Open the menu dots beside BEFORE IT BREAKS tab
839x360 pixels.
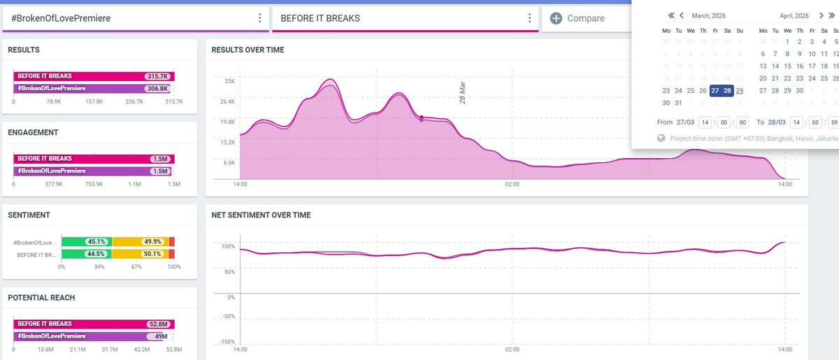click(x=530, y=18)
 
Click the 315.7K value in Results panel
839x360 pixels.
click(x=156, y=76)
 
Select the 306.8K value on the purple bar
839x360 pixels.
click(x=157, y=89)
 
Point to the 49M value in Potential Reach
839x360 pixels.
click(x=162, y=336)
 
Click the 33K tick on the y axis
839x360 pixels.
click(x=229, y=82)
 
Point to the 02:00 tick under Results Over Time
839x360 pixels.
click(x=512, y=185)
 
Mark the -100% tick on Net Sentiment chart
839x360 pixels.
click(x=227, y=342)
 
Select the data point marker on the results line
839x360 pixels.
click(x=422, y=118)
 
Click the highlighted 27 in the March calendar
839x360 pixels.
click(x=715, y=90)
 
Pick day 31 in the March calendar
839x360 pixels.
click(x=678, y=103)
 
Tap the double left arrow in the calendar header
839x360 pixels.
click(x=671, y=15)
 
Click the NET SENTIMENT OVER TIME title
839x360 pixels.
click(x=261, y=215)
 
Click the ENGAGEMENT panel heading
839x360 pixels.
click(x=33, y=132)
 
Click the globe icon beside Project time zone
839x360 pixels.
click(x=661, y=138)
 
